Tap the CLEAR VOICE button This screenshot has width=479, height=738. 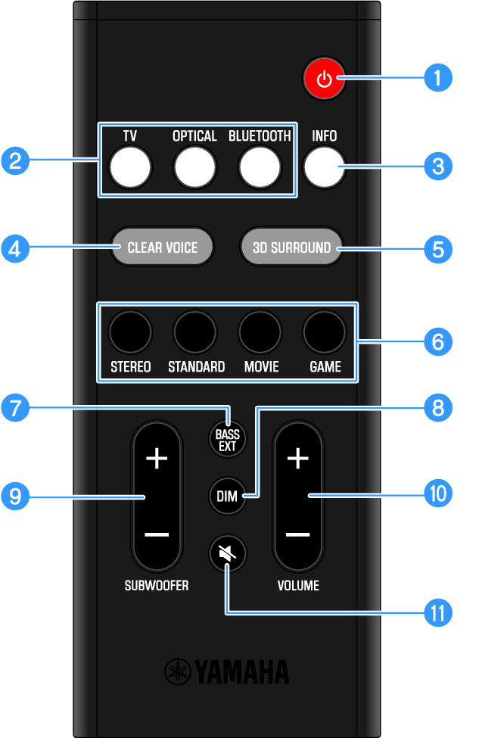pyautogui.click(x=162, y=248)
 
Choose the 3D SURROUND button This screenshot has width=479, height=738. pyautogui.click(x=291, y=248)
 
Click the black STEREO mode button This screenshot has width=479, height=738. pyautogui.click(x=130, y=331)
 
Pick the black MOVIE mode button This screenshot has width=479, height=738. pyautogui.click(x=260, y=331)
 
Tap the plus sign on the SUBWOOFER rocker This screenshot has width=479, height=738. pyautogui.click(x=156, y=459)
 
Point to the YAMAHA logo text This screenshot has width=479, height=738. pyautogui.click(x=227, y=671)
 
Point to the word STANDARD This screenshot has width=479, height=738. pyautogui.click(x=196, y=367)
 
